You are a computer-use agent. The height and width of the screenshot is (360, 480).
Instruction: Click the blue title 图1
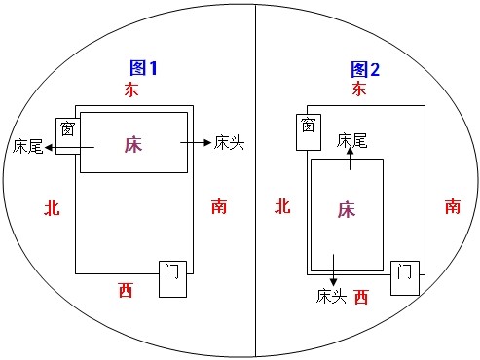tap(143, 68)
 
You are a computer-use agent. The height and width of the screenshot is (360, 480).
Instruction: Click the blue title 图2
tap(365, 68)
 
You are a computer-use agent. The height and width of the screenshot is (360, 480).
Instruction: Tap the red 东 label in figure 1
tap(132, 90)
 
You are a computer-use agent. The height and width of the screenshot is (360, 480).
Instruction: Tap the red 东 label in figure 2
tap(359, 90)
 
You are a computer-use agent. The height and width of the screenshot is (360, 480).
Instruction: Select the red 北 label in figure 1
tap(53, 206)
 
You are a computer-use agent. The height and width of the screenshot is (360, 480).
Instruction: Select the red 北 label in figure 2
tap(282, 206)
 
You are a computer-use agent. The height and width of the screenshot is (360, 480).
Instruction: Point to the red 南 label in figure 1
tap(220, 206)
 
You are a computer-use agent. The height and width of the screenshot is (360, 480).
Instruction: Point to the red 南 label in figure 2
tap(453, 206)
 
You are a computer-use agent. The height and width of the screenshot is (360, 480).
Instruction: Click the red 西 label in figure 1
tap(126, 288)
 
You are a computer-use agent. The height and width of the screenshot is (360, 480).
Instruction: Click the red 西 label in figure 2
tap(361, 295)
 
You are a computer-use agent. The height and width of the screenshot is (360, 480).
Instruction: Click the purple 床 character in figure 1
tap(133, 144)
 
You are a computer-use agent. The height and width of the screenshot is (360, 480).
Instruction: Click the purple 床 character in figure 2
tap(346, 210)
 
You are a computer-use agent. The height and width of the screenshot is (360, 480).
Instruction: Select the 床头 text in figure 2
tap(331, 294)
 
